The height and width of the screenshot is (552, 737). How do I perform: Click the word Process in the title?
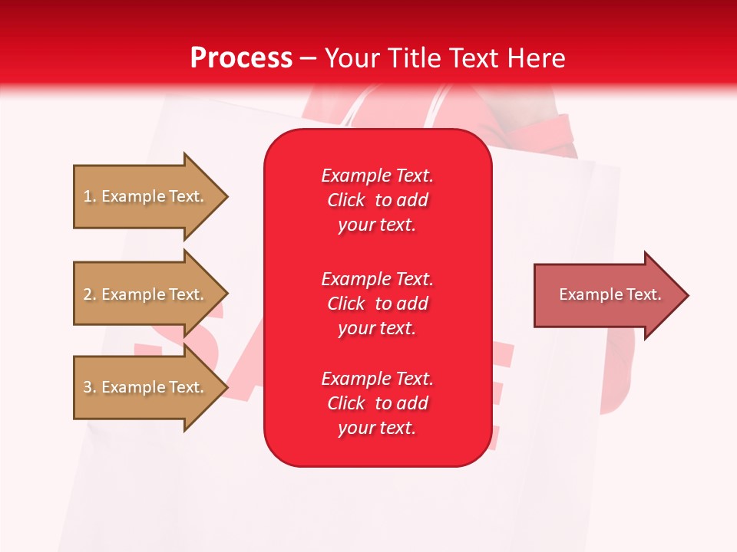[x=241, y=58]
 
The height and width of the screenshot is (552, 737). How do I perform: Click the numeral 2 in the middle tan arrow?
[x=88, y=294]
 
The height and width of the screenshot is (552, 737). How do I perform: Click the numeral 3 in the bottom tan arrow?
[x=88, y=387]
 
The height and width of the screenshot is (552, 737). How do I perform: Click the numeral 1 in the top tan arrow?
[x=88, y=196]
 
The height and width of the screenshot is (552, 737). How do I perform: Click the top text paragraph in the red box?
[x=377, y=200]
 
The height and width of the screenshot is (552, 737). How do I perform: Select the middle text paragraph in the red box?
[x=377, y=304]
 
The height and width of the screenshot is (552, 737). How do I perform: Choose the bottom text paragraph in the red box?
[x=377, y=403]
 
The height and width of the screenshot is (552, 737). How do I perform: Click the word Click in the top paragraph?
[x=345, y=200]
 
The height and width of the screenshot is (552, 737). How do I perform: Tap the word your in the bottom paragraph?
[x=355, y=429]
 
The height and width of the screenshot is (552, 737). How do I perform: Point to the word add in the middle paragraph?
[x=413, y=304]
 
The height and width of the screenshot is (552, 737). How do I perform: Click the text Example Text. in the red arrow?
[x=610, y=294]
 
